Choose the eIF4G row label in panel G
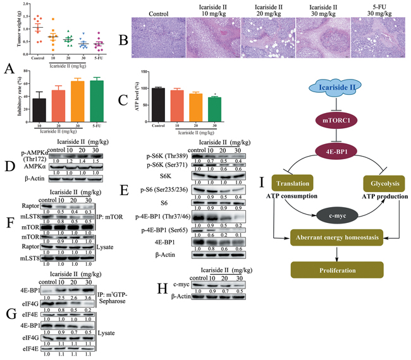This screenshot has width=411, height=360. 19,315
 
